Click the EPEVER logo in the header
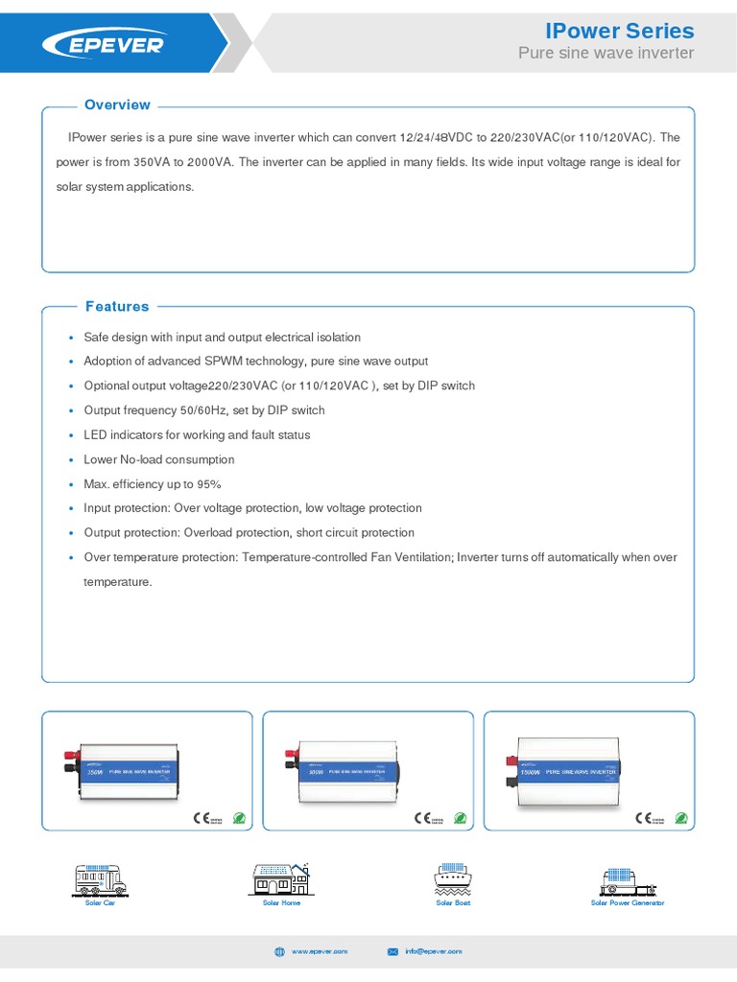[x=103, y=44]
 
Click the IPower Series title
[x=619, y=31]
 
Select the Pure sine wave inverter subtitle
[x=606, y=54]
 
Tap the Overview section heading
[x=117, y=105]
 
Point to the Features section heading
[x=117, y=307]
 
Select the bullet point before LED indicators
[x=71, y=435]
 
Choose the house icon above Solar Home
[x=280, y=878]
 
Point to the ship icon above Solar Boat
[x=453, y=878]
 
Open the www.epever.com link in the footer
[x=320, y=951]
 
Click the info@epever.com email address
[x=434, y=951]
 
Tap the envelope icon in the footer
[x=392, y=951]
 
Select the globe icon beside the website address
[x=280, y=951]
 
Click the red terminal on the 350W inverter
[x=70, y=757]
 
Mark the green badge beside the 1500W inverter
[x=680, y=818]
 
